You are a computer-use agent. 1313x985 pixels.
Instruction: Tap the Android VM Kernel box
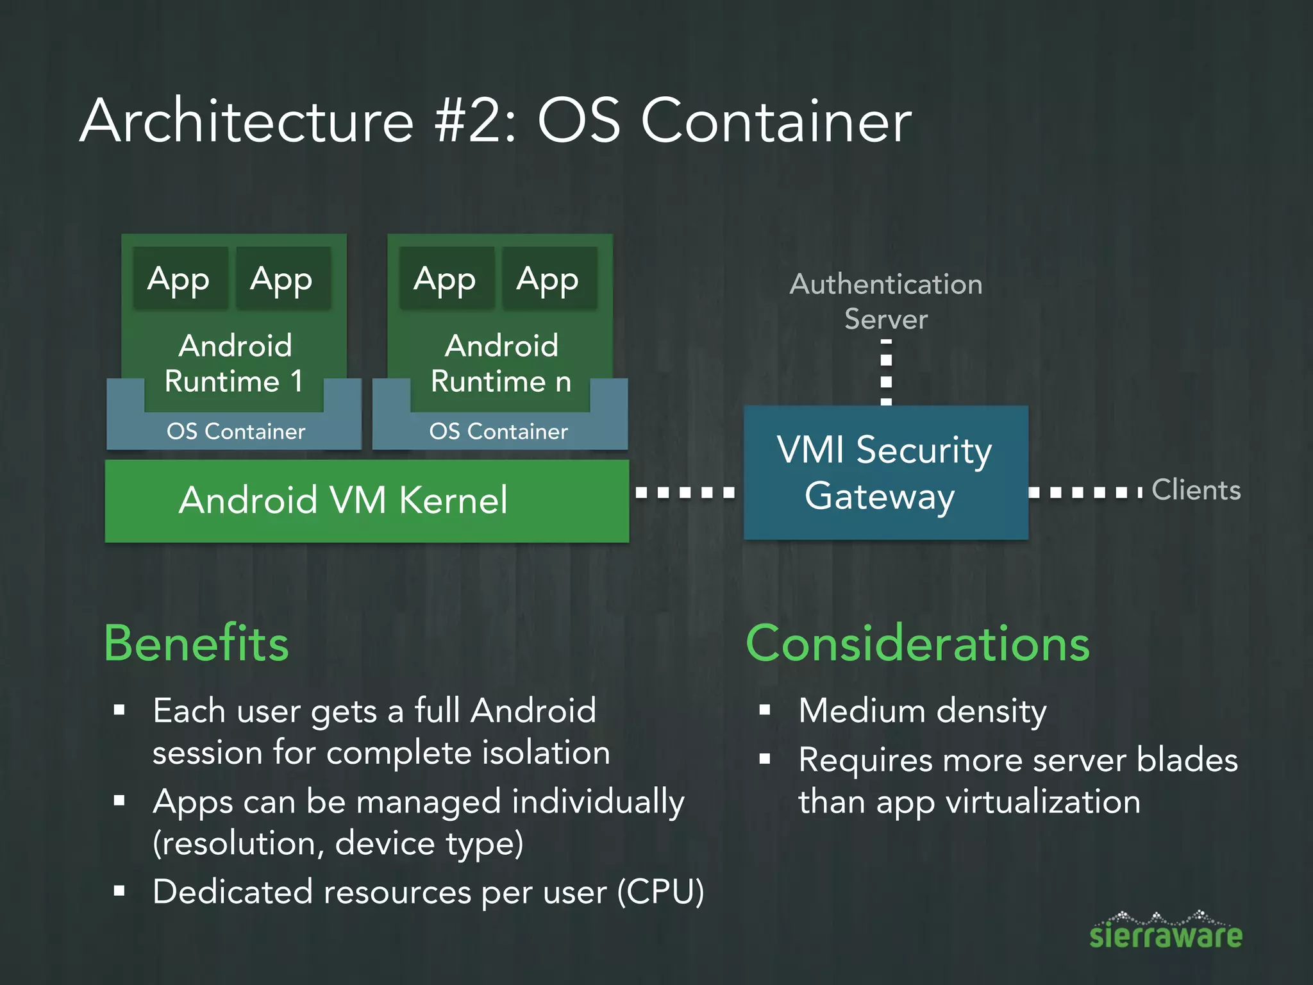367,501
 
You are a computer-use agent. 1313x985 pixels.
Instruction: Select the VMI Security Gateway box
885,473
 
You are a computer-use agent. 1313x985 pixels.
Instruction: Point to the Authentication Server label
885,301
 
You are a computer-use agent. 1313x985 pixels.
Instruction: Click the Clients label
1196,490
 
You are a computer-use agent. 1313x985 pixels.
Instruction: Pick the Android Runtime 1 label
235,363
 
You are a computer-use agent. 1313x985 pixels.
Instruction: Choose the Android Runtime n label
501,363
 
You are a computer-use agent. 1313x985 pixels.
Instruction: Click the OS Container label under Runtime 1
236,432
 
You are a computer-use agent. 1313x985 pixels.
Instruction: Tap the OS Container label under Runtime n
498,432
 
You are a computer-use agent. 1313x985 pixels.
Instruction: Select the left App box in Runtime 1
180,279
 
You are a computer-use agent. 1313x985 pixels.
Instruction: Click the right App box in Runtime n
548,279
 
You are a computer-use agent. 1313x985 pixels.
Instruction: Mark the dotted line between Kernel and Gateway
685,492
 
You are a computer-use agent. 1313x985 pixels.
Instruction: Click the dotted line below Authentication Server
886,372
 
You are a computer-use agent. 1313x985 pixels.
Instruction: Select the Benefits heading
196,643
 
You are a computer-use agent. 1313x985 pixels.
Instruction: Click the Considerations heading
917,643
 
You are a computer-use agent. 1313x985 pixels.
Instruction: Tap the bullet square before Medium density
764,710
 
